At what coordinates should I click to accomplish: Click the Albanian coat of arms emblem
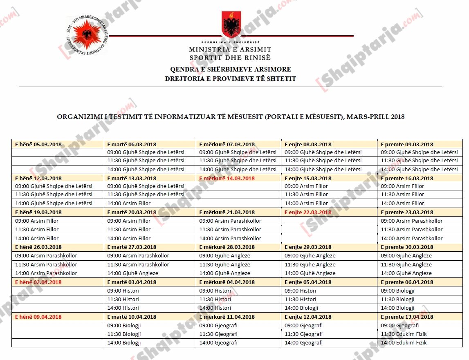[231, 25]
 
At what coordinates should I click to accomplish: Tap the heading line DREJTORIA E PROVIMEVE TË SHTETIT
[231, 78]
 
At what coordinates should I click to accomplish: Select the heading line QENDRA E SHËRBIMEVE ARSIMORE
[231, 69]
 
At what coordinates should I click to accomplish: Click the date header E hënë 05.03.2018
[38, 144]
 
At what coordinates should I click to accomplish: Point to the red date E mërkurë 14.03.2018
[227, 178]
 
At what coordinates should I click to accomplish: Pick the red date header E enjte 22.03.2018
[308, 212]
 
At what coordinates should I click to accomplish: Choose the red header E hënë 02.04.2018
[38, 282]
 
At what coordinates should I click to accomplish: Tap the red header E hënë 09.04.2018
[38, 317]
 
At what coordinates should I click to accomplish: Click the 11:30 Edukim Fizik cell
[404, 334]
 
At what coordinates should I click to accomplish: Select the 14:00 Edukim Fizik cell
[404, 343]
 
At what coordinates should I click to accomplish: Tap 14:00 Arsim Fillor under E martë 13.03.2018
[129, 203]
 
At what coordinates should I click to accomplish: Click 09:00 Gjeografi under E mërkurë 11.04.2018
[218, 326]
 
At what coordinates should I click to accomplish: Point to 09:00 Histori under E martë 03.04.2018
[123, 291]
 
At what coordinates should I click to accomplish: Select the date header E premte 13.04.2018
[407, 317]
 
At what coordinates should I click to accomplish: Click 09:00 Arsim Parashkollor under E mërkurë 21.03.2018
[230, 221]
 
